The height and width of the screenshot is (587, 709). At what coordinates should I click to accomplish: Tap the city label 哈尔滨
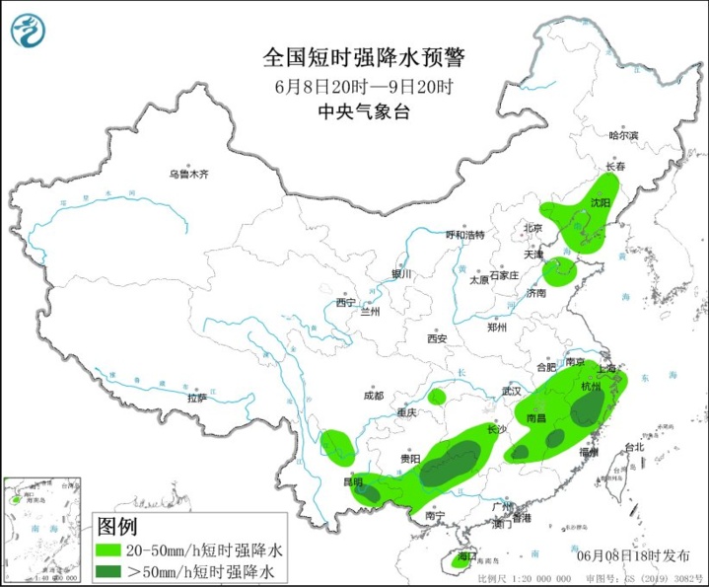coord(623,135)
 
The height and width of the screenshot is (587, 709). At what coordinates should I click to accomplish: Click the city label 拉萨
coord(197,398)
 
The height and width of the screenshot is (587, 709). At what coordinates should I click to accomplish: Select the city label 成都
coord(372,396)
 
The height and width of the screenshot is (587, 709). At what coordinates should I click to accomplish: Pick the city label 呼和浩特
coord(464,235)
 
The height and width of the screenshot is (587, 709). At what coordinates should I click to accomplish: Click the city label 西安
coord(437,338)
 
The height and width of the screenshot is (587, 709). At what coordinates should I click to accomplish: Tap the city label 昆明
coord(352,480)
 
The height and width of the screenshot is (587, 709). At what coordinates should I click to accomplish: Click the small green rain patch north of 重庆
coord(436,398)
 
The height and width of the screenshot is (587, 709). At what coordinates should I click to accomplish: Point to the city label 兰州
coord(370,311)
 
